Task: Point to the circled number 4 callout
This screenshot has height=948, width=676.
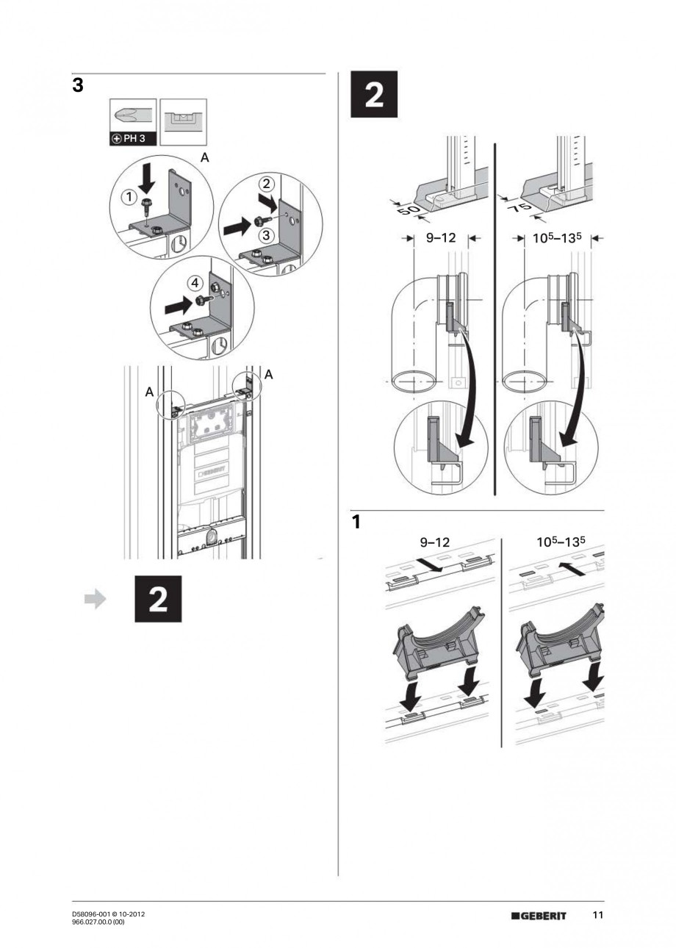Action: click(193, 281)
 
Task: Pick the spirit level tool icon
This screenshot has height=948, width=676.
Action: click(183, 121)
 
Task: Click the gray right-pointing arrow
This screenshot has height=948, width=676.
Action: click(95, 599)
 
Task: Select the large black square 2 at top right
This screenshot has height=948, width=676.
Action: click(373, 93)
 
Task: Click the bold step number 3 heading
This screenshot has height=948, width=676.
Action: click(77, 86)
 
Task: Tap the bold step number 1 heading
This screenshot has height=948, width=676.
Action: click(356, 523)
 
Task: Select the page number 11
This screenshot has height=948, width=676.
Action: click(598, 915)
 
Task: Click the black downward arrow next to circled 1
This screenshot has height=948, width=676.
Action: click(147, 179)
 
